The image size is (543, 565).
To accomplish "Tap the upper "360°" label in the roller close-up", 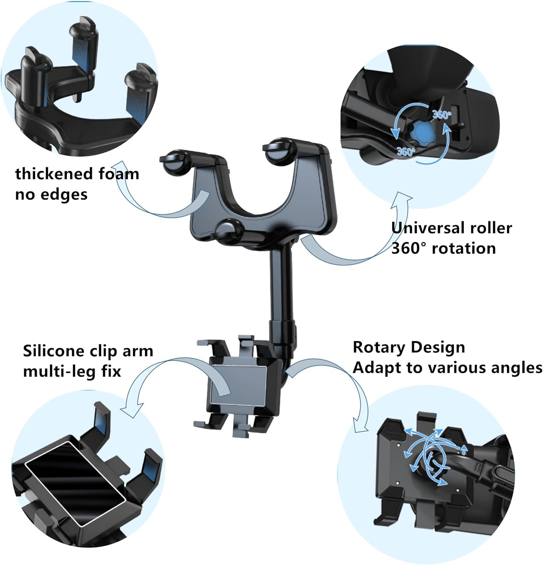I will coord(441,115).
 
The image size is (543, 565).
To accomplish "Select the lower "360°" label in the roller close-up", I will coord(406,152).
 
